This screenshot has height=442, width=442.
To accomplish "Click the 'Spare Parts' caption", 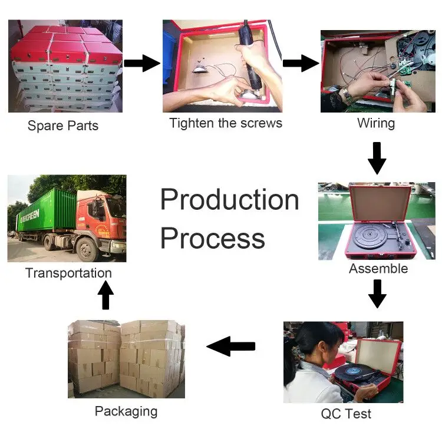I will (63, 126).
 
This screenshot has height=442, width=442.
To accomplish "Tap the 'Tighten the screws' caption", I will (226, 123).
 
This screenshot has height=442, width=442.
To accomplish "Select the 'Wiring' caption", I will (376, 123).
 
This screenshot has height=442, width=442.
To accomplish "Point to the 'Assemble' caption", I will (378, 269).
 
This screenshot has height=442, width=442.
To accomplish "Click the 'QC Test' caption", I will (346, 414).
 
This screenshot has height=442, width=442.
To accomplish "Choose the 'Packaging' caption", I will (126, 411).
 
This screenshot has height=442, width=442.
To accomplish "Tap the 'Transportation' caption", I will (68, 273).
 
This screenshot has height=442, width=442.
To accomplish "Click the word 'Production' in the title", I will (230, 200).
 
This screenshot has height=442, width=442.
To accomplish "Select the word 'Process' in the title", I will (213, 239).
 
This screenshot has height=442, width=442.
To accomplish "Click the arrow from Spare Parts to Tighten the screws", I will (142, 64).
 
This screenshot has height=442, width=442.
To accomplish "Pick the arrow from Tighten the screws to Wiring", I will (300, 62).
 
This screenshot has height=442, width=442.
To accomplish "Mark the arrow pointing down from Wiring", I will (377, 157).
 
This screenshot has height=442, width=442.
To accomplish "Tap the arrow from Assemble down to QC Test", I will (377, 293).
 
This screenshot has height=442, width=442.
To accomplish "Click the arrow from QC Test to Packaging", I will (231, 347).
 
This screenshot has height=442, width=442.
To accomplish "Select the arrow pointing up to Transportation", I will (105, 296).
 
